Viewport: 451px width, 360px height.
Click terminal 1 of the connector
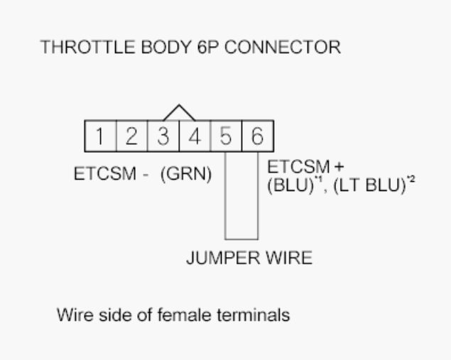[x=100, y=136]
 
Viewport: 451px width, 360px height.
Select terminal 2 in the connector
[x=131, y=136]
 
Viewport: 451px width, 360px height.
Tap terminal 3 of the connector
[x=163, y=136]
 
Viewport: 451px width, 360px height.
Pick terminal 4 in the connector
[x=195, y=136]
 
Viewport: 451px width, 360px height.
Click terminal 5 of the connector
[x=226, y=136]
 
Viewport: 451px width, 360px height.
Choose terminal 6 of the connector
[x=257, y=136]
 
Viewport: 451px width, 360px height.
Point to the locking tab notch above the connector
[x=179, y=114]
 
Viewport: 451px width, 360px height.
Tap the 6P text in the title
[x=183, y=48]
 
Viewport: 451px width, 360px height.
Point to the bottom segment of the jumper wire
[x=241, y=239]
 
